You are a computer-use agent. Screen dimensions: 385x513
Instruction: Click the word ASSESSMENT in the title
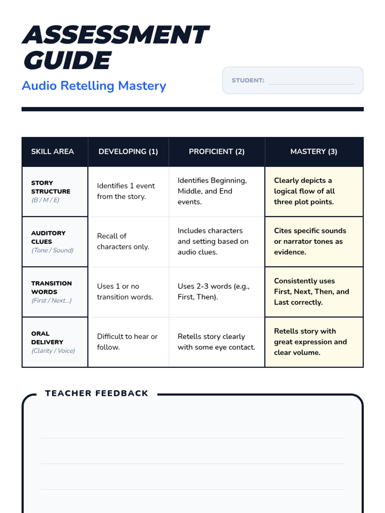(116, 35)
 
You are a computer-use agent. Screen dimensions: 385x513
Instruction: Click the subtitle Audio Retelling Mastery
(94, 86)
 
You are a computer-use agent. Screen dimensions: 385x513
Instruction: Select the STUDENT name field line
(311, 84)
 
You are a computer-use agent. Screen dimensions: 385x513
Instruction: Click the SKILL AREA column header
(53, 151)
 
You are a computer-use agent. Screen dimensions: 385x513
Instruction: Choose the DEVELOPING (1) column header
(128, 151)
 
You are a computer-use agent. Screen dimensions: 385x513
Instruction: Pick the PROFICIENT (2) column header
(217, 151)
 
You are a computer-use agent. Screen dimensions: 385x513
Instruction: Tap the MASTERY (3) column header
(314, 151)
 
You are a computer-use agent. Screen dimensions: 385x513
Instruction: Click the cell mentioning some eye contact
(216, 342)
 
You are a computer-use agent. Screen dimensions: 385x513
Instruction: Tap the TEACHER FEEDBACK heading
(97, 393)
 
